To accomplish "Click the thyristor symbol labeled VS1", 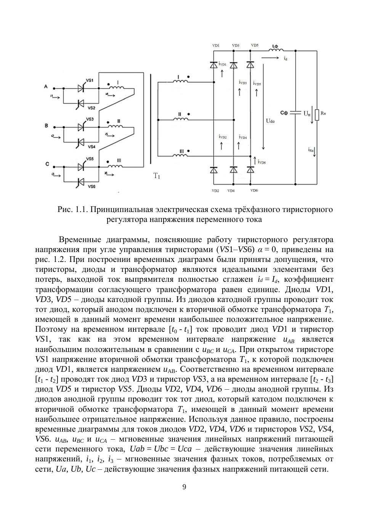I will coord(81,88).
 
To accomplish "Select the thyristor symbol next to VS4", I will coord(81,142).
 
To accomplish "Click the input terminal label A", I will coord(46,87).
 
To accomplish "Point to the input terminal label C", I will coord(47,164).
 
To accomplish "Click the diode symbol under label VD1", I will coord(214,65).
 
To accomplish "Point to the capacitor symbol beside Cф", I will coord(295,113).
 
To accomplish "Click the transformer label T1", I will coord(157,176).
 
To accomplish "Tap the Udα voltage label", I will coord(270,121).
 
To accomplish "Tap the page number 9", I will coord(184,487).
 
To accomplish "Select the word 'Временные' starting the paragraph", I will coord(80,240).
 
